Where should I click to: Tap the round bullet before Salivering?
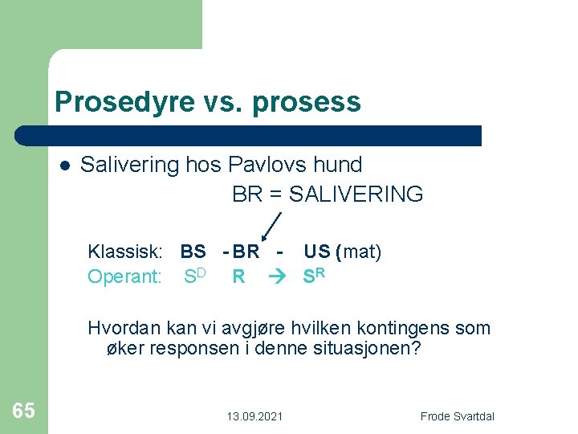[x=64, y=166]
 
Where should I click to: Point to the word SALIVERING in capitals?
[x=356, y=194]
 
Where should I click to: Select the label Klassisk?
[x=125, y=252]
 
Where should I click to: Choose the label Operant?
[x=125, y=277]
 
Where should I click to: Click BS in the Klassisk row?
[x=193, y=252]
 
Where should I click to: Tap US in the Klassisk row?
[x=317, y=252]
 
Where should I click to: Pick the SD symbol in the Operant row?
[x=195, y=276]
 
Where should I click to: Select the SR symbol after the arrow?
[x=314, y=276]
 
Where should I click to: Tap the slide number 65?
[x=24, y=411]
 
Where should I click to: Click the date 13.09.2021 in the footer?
[x=254, y=416]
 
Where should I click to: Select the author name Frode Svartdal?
[x=458, y=416]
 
